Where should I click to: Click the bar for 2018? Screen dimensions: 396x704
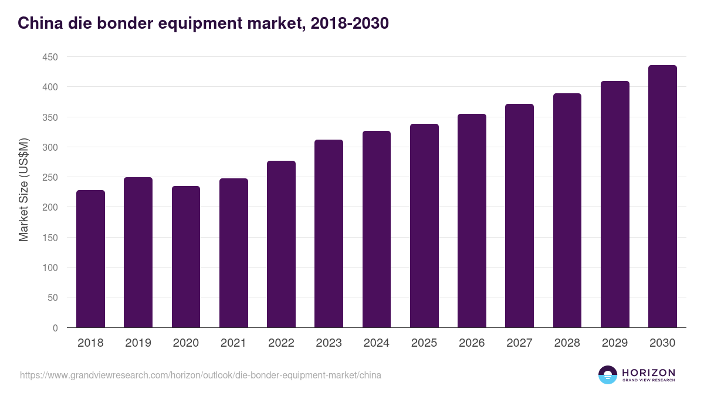(x=90, y=259)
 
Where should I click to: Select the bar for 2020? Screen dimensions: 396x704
(x=186, y=257)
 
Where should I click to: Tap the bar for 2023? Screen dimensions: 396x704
(x=329, y=233)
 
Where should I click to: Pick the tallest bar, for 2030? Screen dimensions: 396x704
(x=662, y=197)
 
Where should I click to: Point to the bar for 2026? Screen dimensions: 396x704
(x=472, y=221)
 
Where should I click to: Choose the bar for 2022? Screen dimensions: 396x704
(x=281, y=244)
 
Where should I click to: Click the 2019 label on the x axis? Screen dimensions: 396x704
(x=138, y=343)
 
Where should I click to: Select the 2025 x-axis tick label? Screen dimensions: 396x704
(x=424, y=343)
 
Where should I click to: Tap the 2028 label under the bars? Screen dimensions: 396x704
(x=567, y=343)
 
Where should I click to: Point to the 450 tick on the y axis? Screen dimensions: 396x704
(x=50, y=57)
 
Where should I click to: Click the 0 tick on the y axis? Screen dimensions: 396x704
(x=55, y=328)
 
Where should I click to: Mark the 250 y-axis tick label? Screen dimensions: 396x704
(x=50, y=177)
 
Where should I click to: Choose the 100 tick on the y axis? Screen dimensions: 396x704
(x=50, y=268)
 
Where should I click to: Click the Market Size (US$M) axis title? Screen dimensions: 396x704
(x=24, y=190)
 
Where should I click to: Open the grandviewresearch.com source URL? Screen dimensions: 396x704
(x=200, y=375)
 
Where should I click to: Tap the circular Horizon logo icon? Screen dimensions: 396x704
(x=608, y=375)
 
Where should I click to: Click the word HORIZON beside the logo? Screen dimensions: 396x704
(x=648, y=373)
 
